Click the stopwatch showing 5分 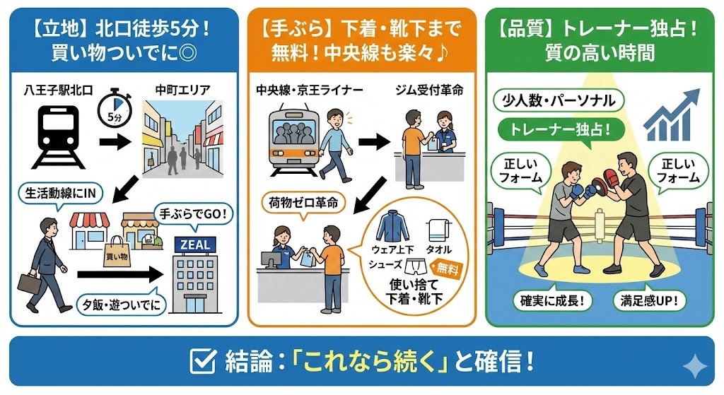coord(115,108)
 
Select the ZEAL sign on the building coord(195,244)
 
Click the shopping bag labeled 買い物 coord(117,253)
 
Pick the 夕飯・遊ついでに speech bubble coord(121,303)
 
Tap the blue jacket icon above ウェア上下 coord(392,226)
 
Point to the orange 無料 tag coord(447,268)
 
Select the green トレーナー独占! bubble coord(561,129)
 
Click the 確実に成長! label coord(552,301)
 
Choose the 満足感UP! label coord(649,301)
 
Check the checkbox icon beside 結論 coord(203,361)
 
